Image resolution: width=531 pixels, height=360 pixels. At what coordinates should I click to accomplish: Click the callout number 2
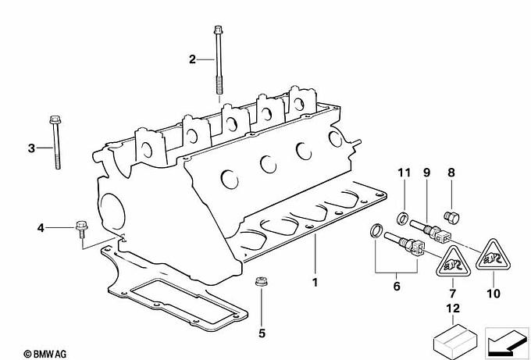192,59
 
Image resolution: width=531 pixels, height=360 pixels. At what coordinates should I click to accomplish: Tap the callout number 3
31,148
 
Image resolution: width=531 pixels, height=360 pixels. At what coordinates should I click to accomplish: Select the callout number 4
41,228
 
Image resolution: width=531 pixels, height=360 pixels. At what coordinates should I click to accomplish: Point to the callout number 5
262,333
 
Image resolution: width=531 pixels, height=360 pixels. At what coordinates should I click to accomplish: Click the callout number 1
315,282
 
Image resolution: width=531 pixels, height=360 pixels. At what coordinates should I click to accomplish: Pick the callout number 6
397,286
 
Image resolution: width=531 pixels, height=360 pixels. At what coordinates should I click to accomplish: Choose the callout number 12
453,308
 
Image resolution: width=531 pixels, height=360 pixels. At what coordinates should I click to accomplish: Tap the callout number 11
404,173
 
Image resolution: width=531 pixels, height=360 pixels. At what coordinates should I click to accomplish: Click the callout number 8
451,173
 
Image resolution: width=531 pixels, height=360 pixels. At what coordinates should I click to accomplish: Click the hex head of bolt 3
55,119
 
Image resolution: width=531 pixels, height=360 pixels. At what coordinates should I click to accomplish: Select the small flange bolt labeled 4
80,230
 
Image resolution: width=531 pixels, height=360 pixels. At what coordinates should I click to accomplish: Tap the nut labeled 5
261,281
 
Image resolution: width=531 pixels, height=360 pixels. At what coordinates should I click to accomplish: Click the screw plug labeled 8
451,217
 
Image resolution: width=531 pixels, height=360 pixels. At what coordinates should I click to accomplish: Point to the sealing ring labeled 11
402,218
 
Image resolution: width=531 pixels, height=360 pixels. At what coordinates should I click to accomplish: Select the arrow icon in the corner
507,344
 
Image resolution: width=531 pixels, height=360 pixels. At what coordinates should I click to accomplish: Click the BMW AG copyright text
45,355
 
